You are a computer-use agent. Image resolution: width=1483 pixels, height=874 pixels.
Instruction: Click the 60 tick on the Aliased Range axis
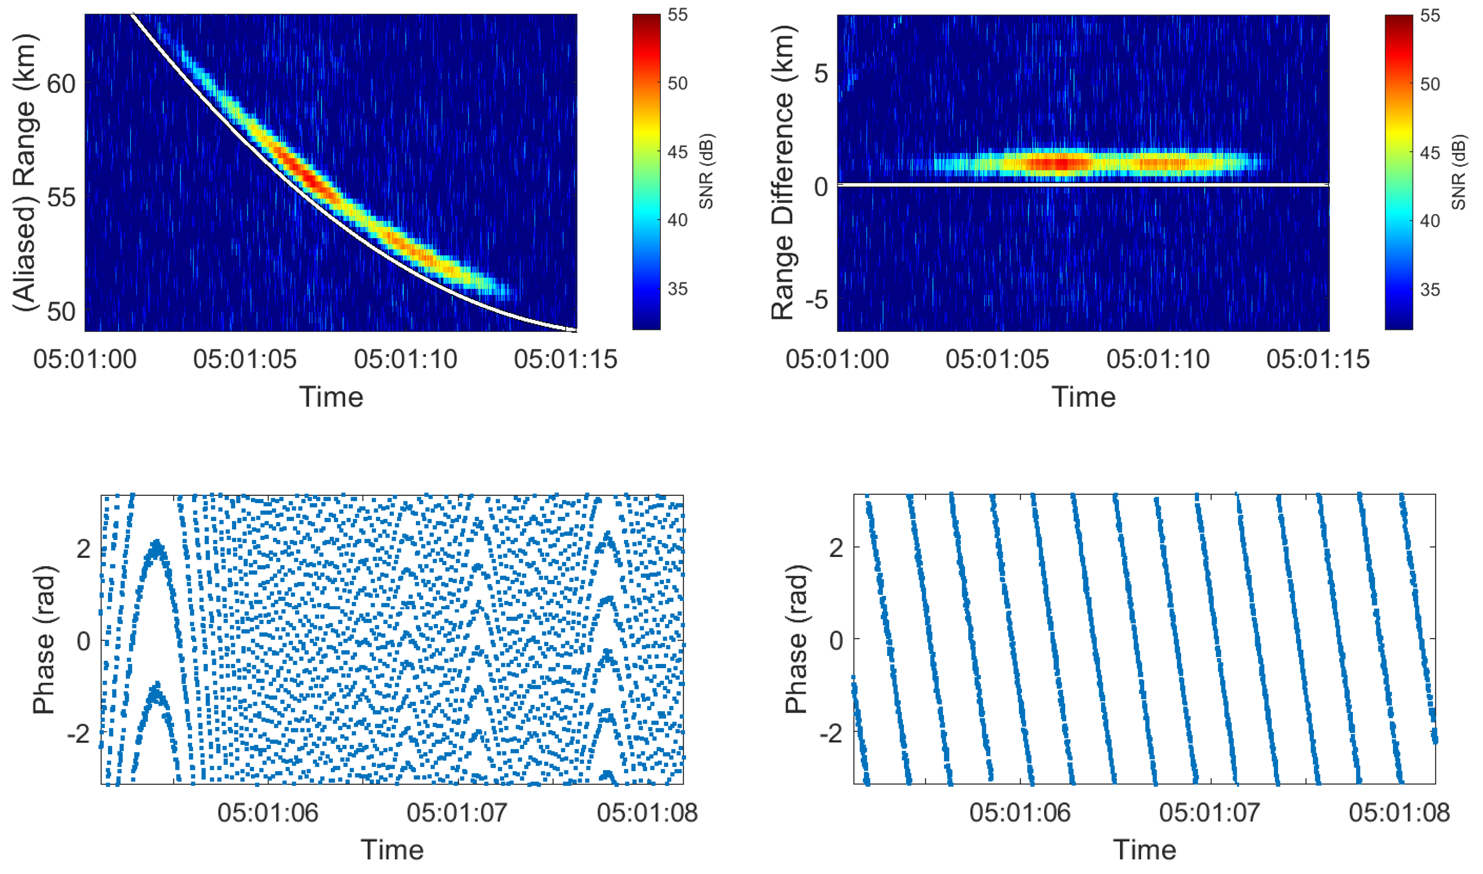[61, 84]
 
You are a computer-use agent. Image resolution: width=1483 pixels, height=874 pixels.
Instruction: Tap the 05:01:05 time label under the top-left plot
[244, 359]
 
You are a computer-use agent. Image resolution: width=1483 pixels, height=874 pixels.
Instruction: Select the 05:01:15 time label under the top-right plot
[1318, 359]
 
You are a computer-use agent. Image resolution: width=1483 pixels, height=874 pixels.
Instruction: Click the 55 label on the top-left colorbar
[678, 15]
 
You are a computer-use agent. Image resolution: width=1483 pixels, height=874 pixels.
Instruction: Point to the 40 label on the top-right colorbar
[1430, 221]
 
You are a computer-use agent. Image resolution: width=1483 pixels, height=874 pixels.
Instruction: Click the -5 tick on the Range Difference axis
[815, 300]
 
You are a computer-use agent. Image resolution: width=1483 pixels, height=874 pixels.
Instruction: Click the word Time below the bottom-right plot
[1144, 850]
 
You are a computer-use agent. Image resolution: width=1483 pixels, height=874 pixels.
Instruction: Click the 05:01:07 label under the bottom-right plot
[1209, 813]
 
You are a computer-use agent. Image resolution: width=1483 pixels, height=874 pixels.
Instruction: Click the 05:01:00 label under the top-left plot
[85, 359]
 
